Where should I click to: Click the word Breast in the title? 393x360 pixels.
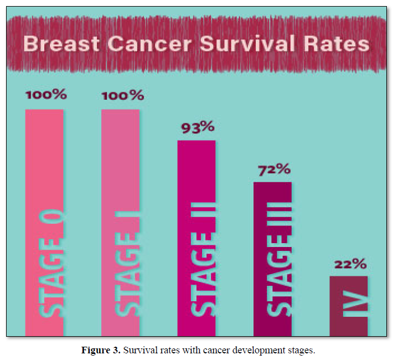[x=61, y=44]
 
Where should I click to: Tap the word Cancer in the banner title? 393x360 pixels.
[x=149, y=44]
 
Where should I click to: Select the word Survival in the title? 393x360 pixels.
[x=247, y=44]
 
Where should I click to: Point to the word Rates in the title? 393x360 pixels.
[x=337, y=44]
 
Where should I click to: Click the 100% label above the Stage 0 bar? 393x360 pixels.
[x=46, y=95]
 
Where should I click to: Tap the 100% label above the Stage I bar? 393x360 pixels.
[x=123, y=95]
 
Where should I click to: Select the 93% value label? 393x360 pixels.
[x=198, y=127]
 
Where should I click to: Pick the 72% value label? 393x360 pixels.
[x=275, y=169]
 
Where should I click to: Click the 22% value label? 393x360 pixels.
[x=350, y=264]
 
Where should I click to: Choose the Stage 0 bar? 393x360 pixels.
[x=44, y=223]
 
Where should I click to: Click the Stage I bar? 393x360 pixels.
[x=120, y=223]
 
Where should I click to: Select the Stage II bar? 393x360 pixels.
[x=196, y=238]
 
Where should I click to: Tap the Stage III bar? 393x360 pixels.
[x=272, y=259]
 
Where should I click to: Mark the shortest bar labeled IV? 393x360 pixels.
[x=349, y=306]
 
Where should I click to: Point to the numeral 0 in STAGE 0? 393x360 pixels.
[x=51, y=217]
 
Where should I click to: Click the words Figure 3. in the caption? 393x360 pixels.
[x=101, y=350]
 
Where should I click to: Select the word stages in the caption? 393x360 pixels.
[x=301, y=351]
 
